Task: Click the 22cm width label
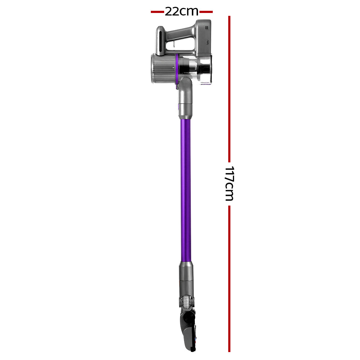coord(181,12)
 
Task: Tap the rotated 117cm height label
coord(229,183)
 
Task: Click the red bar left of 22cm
coord(157,12)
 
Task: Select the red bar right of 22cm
coord(206,12)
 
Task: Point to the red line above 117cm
coord(229,86)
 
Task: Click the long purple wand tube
coord(185,191)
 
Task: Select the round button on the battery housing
coord(208,42)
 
